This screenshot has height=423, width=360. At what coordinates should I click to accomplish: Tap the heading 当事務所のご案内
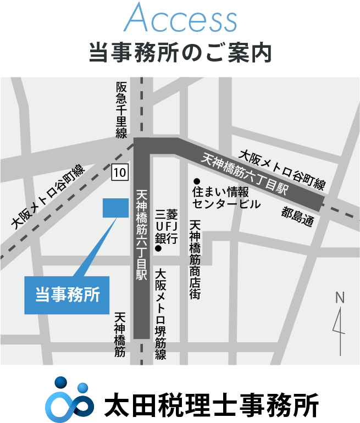click(x=180, y=53)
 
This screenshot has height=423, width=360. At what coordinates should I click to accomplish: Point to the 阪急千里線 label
click(x=121, y=110)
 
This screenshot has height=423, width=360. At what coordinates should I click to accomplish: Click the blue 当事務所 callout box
click(x=68, y=294)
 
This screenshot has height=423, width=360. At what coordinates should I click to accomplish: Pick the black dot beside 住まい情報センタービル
click(x=195, y=182)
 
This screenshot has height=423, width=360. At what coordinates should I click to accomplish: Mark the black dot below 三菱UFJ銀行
click(x=158, y=249)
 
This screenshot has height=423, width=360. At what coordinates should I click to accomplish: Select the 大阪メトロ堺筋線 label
click(x=160, y=314)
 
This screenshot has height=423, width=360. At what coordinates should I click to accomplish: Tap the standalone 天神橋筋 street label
click(x=120, y=335)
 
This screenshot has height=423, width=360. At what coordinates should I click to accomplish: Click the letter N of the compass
click(x=340, y=298)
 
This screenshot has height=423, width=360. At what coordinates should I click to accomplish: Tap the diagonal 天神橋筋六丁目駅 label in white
click(x=245, y=173)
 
